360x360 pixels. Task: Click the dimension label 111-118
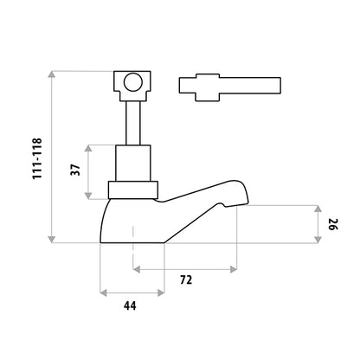[x=37, y=159]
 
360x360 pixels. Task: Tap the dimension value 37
[x=75, y=170]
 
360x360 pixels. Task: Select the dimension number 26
[x=333, y=224]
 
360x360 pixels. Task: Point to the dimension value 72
[x=186, y=280]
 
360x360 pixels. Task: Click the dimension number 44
[x=130, y=305]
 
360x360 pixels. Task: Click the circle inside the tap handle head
[x=133, y=82]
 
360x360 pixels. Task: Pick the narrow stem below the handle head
[x=133, y=123]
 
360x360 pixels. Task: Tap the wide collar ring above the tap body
[x=133, y=190]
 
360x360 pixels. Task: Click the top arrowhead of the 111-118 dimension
[x=52, y=74]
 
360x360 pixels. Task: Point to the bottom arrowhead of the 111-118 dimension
[x=52, y=239]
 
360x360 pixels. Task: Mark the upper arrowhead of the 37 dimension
[x=88, y=148]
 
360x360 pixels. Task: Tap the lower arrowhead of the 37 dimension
[x=88, y=196]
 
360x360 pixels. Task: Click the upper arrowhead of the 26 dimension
[x=318, y=209]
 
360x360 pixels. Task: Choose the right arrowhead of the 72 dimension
[x=234, y=269]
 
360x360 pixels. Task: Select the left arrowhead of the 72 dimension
[x=137, y=269]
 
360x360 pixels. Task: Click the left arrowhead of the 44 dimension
[x=104, y=293]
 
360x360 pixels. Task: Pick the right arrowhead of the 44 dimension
[x=161, y=293]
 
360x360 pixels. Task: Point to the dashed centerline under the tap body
[x=133, y=247]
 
